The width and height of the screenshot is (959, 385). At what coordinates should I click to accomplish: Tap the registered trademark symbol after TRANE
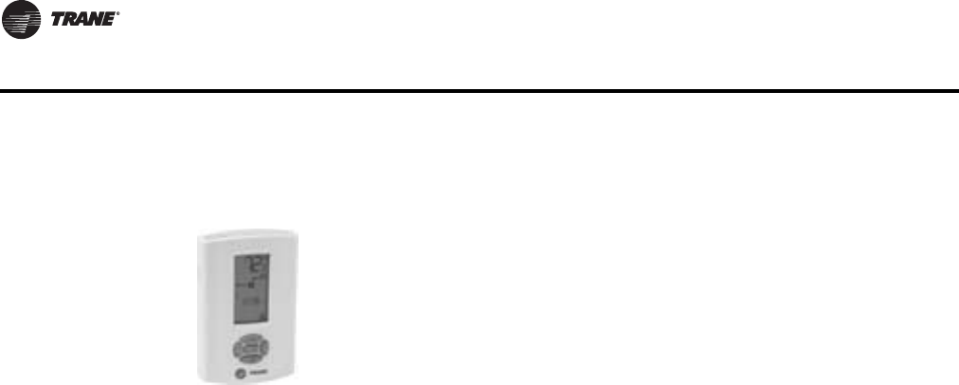point(118,14)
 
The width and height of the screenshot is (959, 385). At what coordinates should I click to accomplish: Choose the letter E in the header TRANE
point(109,20)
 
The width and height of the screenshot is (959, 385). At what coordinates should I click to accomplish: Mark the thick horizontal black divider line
point(479,91)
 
